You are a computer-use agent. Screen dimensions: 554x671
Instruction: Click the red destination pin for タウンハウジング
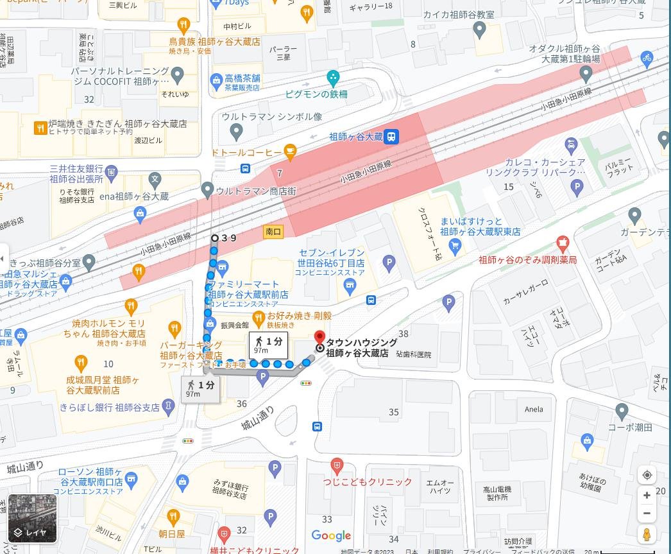click(x=319, y=337)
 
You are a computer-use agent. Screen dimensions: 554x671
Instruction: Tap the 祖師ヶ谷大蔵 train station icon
click(x=392, y=136)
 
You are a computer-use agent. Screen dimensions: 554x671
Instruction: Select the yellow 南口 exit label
click(x=273, y=232)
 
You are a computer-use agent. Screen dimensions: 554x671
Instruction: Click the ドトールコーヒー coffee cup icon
click(x=290, y=152)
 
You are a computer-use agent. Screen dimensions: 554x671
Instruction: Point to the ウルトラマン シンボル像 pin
click(x=236, y=132)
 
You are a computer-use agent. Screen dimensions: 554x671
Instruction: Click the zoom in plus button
click(x=647, y=495)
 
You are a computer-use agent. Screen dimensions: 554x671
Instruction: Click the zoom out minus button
click(x=647, y=514)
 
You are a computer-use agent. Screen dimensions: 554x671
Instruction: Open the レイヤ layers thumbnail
click(x=32, y=518)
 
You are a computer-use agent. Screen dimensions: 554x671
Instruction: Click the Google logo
click(x=331, y=535)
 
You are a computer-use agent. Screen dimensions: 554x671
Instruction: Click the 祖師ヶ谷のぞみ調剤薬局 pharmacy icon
click(x=563, y=243)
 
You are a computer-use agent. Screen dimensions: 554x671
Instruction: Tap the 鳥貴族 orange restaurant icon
click(x=183, y=26)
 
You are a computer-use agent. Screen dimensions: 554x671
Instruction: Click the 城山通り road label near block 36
click(x=258, y=418)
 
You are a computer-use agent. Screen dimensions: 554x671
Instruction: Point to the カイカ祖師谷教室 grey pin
click(x=479, y=29)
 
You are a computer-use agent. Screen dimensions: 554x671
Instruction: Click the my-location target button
click(x=647, y=475)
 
